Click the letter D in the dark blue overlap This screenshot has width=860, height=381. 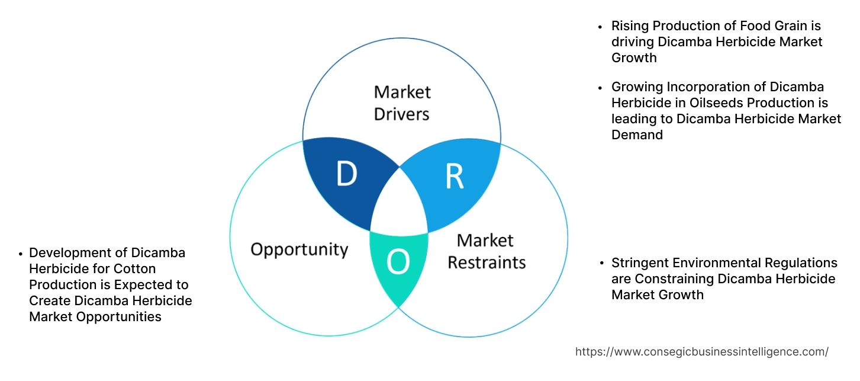click(x=347, y=174)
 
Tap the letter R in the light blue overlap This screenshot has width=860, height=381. click(x=454, y=177)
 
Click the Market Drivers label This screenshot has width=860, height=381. click(x=402, y=103)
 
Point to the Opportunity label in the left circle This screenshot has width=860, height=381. click(x=299, y=249)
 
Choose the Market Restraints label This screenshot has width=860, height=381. click(x=486, y=251)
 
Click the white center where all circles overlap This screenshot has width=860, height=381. click(x=400, y=204)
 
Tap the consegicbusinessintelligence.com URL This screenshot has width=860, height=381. click(x=701, y=351)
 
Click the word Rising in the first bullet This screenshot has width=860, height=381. click(x=629, y=26)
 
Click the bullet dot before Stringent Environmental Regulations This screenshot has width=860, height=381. click(x=601, y=263)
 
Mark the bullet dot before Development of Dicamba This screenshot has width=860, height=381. click(x=20, y=254)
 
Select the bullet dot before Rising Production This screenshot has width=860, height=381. click(x=601, y=27)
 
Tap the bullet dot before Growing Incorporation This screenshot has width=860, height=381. click(x=601, y=88)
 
